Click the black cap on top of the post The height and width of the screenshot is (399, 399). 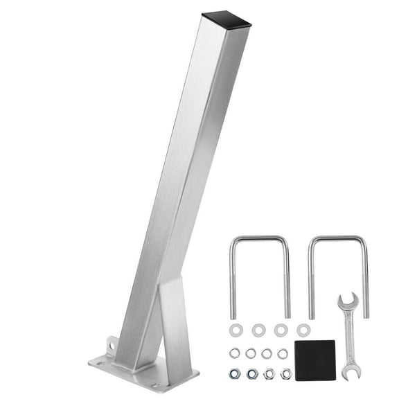pos(226,19)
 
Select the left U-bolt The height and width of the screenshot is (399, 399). pos(232,277)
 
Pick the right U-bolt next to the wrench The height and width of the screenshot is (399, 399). pos(365,277)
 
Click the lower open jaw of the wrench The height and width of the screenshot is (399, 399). pos(348,373)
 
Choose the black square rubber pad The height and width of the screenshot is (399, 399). pos(314,360)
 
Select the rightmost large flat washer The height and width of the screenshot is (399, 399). pos(303,330)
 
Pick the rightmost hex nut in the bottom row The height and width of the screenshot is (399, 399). pos(286,374)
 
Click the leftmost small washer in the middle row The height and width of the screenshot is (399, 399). pos(235,353)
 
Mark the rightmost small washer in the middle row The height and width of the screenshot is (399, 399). pos(283,353)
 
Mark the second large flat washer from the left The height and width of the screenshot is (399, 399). pos(259,330)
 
